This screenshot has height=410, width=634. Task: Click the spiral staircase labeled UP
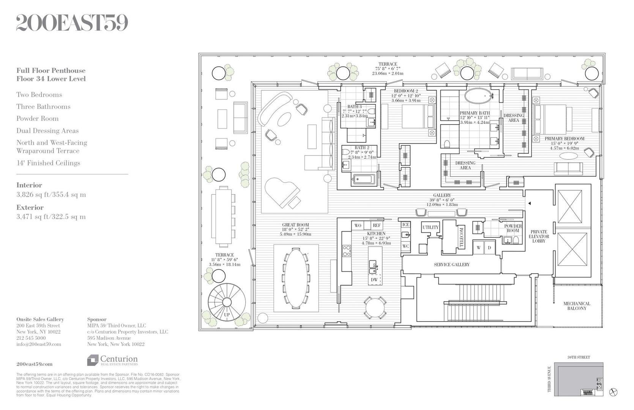click(226, 302)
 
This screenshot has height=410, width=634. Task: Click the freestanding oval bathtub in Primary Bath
click(478, 96)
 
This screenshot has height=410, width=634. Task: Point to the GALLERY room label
click(442, 195)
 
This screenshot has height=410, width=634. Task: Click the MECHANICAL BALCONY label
click(576, 306)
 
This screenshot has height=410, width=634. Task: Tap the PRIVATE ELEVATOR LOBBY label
click(539, 236)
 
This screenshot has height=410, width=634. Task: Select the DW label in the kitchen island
click(374, 280)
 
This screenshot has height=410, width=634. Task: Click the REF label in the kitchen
click(376, 225)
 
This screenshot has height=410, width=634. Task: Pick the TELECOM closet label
click(462, 238)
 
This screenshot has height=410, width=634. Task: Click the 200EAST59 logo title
click(72, 24)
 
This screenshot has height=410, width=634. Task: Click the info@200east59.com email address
click(39, 344)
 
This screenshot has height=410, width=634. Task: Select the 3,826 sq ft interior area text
click(51, 195)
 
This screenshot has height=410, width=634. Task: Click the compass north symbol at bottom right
click(613, 392)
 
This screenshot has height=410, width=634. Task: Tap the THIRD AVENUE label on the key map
click(549, 384)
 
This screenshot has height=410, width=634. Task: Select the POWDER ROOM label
click(513, 228)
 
